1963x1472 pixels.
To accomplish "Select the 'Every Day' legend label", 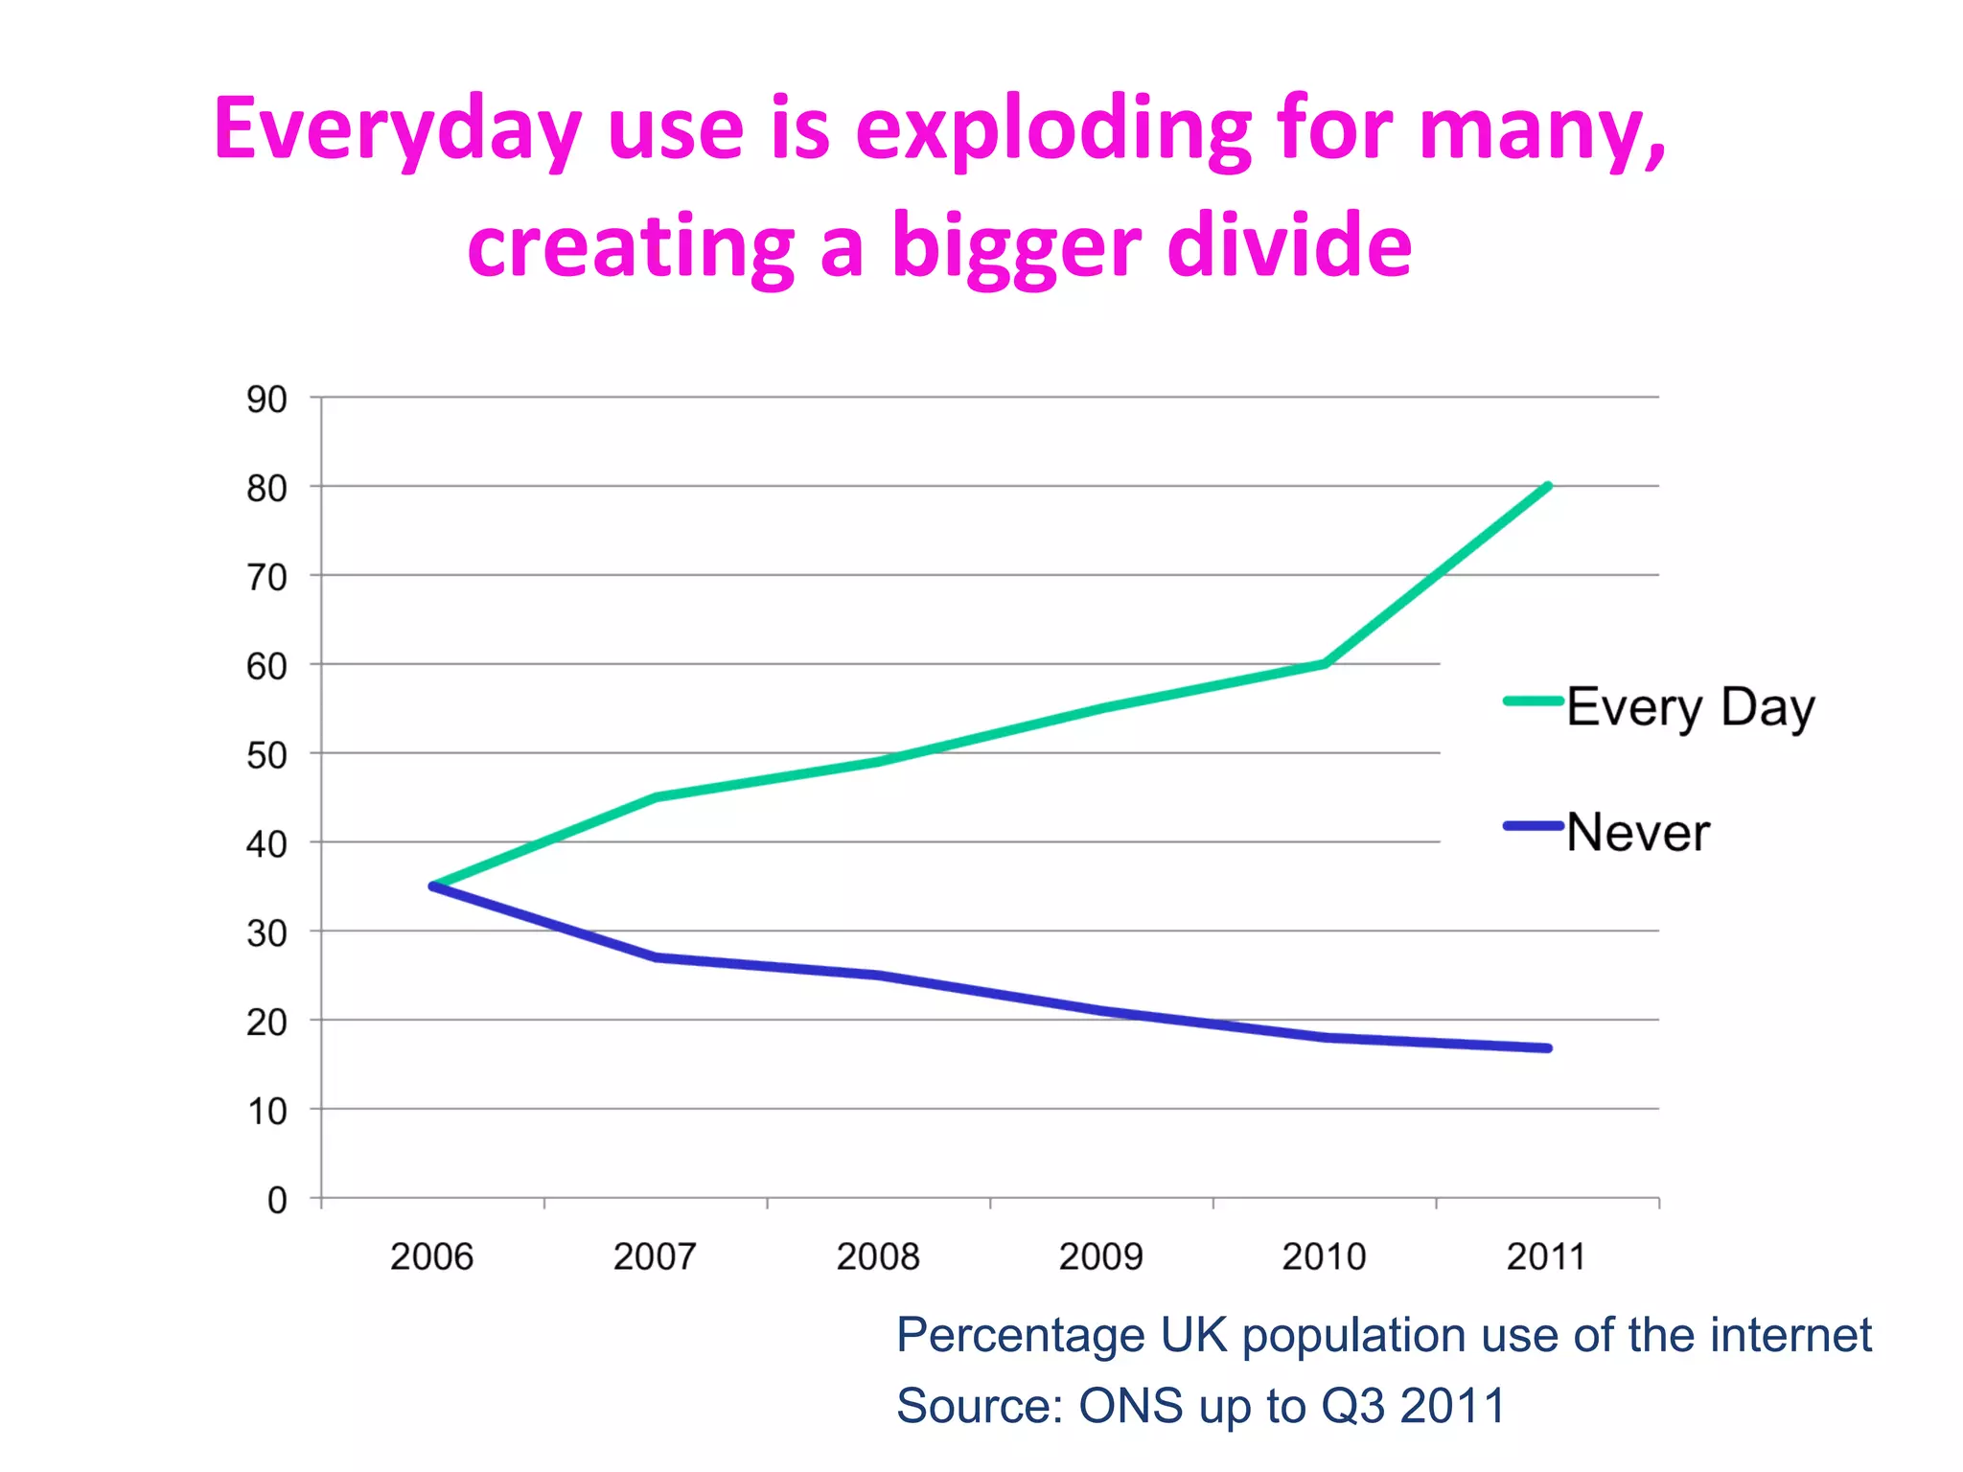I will click(1690, 708).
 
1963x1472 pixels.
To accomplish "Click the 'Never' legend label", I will click(1637, 832).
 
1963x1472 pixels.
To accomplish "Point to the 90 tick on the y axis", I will click(266, 400).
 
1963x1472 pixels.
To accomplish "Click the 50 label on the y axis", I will click(266, 756).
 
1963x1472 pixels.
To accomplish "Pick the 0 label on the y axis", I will click(277, 1200).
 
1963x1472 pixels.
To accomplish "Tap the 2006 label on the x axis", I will click(431, 1256).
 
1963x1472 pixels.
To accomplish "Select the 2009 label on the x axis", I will click(1100, 1256).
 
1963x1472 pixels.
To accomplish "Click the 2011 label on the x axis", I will click(1546, 1256).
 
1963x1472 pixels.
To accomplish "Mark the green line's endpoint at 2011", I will click(1548, 487).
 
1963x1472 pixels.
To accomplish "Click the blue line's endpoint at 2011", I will click(1548, 1048).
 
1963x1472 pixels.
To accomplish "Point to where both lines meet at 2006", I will click(433, 886).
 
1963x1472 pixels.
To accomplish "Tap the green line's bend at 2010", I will click(1325, 663).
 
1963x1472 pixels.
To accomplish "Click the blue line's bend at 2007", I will click(657, 957).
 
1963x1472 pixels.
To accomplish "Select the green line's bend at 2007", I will click(657, 796).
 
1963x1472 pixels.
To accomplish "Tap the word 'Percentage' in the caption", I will click(1020, 1335).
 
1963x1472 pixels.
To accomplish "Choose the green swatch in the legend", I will click(1533, 701).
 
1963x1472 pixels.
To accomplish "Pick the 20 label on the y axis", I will click(266, 1023).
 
